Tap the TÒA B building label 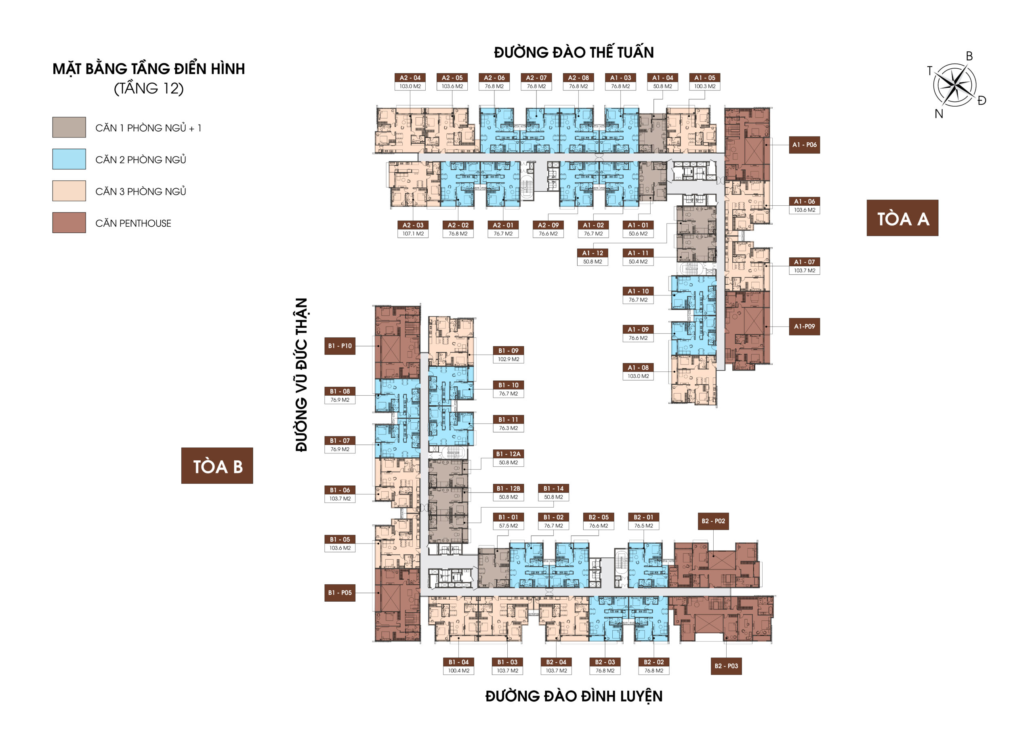click(x=217, y=466)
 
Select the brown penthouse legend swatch click(x=69, y=223)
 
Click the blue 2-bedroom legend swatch click(x=69, y=159)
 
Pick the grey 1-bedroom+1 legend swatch click(x=69, y=127)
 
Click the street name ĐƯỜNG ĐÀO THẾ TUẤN click(x=574, y=53)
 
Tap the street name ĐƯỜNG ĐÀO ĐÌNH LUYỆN click(x=574, y=696)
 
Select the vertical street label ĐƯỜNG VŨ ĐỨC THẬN click(x=301, y=375)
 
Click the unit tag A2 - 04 click(x=410, y=78)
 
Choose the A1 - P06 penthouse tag click(x=804, y=145)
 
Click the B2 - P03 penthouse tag click(x=726, y=666)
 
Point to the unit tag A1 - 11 click(x=638, y=253)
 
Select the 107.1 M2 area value click(x=413, y=234)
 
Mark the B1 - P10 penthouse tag click(x=340, y=346)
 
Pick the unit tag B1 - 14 click(x=553, y=489)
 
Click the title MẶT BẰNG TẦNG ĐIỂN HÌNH click(x=149, y=69)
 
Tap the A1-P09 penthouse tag click(x=804, y=327)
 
